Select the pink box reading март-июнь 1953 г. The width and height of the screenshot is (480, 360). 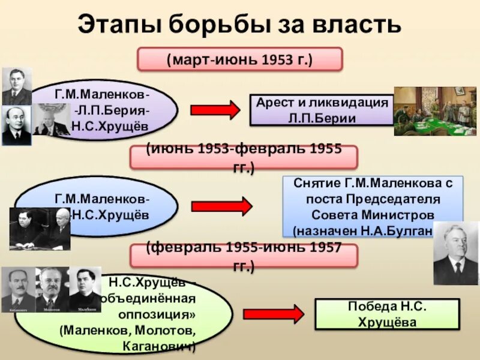pyautogui.click(x=240, y=60)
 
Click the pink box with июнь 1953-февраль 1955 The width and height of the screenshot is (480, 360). pyautogui.click(x=244, y=157)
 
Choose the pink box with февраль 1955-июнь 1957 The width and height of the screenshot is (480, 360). pyautogui.click(x=244, y=256)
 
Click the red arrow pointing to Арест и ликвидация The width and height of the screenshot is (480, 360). pyautogui.click(x=215, y=110)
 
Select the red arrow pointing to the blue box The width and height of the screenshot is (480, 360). pyautogui.click(x=221, y=206)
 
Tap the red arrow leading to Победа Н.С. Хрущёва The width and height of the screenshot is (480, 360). pyautogui.click(x=273, y=314)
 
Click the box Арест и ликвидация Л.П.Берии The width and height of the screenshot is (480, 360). pyautogui.click(x=322, y=110)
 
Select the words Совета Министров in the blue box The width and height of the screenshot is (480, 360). pyautogui.click(x=372, y=215)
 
